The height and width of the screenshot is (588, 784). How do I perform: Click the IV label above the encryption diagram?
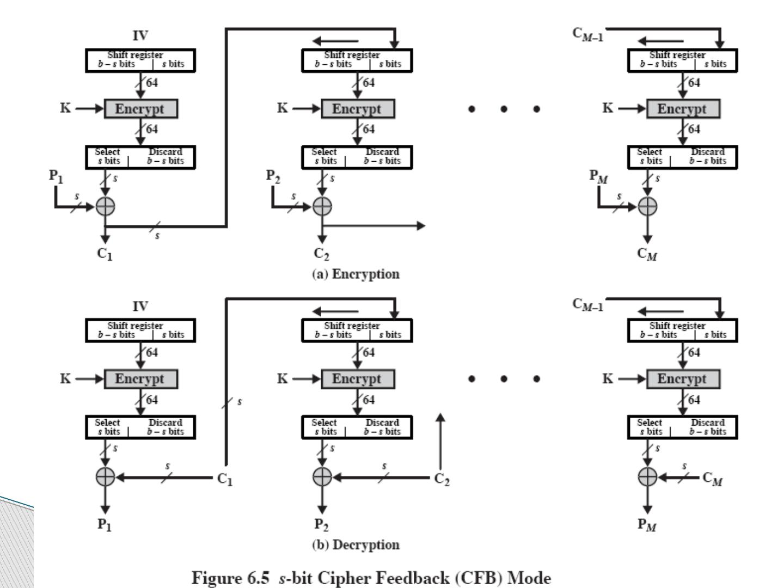coord(140,36)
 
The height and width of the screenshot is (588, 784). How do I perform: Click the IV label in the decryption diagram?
coord(140,307)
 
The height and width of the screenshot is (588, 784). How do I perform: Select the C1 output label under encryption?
coord(105,254)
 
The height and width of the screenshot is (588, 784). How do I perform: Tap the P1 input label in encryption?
coord(56,176)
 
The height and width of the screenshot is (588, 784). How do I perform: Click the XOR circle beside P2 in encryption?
coord(322,206)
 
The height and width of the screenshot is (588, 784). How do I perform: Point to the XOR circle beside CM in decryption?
coord(647,477)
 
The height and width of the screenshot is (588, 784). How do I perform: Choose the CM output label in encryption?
coord(647,254)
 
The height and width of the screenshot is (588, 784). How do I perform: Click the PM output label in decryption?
coord(647,525)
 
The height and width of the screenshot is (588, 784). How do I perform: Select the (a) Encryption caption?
coord(356,274)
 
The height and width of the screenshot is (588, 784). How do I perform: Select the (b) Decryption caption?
coord(356,545)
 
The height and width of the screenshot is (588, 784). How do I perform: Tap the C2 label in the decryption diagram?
coord(442,479)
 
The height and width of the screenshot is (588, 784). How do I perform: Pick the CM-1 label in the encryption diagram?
coord(587,34)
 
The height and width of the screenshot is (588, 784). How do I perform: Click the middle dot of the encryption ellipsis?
coord(504,109)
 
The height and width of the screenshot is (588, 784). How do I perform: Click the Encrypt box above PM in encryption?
coord(683,109)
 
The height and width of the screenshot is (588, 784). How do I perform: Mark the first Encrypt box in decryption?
coord(140,379)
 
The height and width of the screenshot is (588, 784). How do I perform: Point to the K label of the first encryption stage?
coord(65,108)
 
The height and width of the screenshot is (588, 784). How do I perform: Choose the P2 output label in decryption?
coord(322,525)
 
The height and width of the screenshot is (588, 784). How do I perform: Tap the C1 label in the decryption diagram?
coord(225,479)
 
